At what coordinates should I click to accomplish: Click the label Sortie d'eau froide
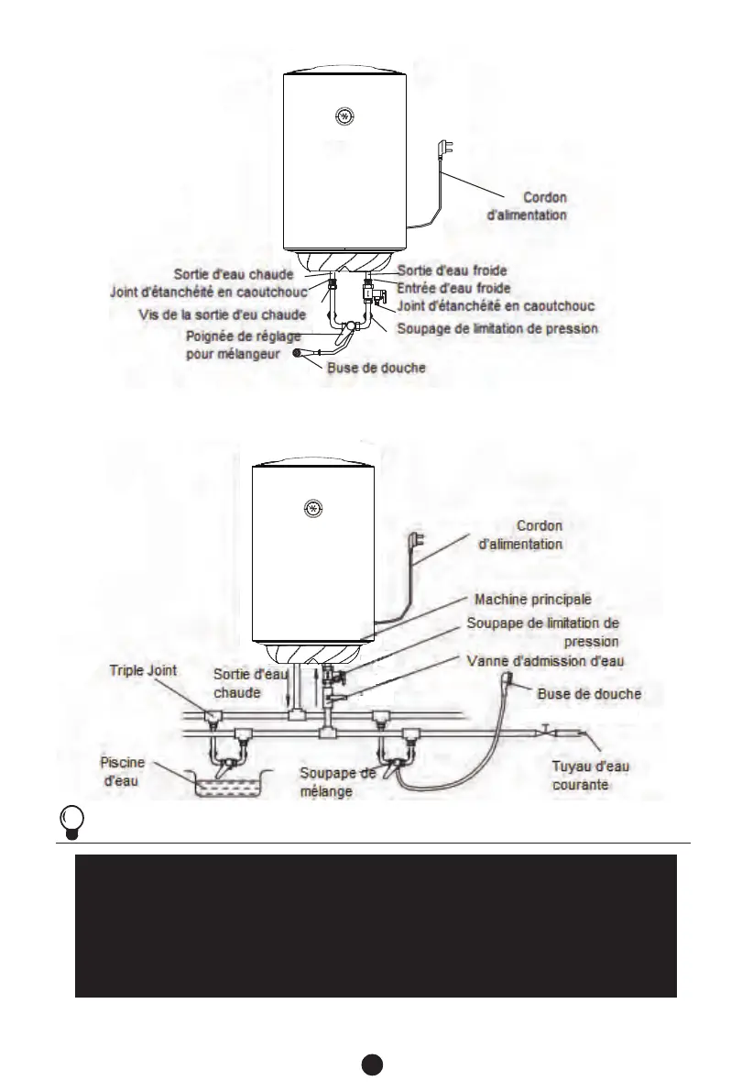(x=452, y=270)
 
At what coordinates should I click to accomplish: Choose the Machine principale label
(x=532, y=599)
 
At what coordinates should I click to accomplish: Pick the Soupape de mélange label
(x=337, y=781)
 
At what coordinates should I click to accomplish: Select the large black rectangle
(x=376, y=926)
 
